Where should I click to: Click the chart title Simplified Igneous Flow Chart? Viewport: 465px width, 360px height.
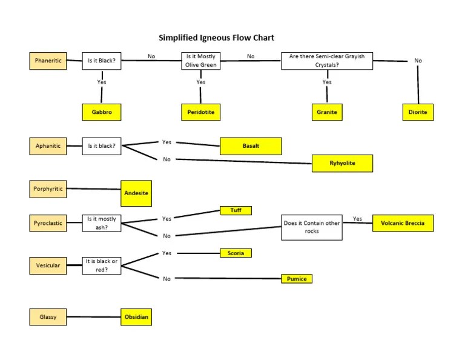(216, 38)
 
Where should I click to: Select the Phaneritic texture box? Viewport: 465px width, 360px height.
(48, 61)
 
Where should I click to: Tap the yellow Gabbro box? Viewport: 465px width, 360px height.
(102, 112)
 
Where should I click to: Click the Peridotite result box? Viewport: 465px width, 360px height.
(200, 112)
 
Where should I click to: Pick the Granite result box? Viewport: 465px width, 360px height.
(326, 112)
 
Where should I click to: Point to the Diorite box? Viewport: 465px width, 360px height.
(418, 112)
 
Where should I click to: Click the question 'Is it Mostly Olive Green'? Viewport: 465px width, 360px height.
(200, 61)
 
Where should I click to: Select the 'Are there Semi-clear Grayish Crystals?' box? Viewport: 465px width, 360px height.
(327, 61)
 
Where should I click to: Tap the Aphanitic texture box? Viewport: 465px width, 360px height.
(48, 146)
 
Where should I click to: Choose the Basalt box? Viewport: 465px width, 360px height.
(251, 146)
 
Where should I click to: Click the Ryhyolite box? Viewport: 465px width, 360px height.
(342, 163)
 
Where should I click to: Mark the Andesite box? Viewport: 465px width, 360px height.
(136, 193)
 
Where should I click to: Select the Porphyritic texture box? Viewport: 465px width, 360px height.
(48, 189)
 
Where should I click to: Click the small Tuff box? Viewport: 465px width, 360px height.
(236, 210)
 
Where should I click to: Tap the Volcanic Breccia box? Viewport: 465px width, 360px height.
(403, 223)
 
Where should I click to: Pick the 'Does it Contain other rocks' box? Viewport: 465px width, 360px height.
(312, 227)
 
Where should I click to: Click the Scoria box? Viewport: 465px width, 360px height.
(236, 253)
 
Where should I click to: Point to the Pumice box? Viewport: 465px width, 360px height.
(297, 279)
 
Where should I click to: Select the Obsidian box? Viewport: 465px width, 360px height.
(136, 317)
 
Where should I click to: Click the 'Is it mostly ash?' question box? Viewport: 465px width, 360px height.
(102, 223)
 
